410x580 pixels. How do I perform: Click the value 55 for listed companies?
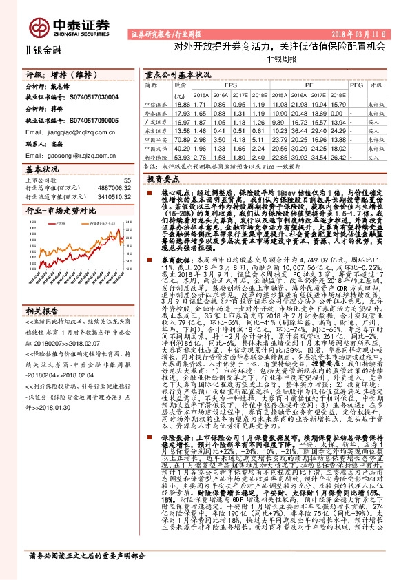click(x=126, y=179)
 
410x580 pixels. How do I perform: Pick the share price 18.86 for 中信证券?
click(x=181, y=104)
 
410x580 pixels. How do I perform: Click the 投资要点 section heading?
click(x=163, y=178)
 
